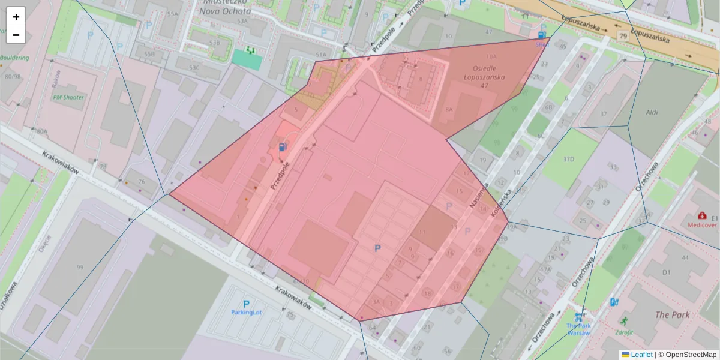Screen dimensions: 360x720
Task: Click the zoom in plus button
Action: point(16,17)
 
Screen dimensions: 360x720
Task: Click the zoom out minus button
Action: point(16,35)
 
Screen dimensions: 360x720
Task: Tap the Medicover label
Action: point(702,226)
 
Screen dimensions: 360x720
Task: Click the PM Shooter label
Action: point(68,97)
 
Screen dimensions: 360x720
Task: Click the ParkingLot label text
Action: point(247,312)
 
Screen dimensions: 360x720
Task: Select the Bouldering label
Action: point(14,58)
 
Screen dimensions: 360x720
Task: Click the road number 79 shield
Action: point(623,37)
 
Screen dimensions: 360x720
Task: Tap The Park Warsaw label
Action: point(578,329)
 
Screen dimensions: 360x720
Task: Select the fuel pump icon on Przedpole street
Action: point(282,147)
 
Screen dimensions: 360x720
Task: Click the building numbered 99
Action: point(80,267)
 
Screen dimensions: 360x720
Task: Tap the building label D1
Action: point(666,272)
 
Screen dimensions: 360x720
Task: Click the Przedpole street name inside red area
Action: point(280,176)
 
